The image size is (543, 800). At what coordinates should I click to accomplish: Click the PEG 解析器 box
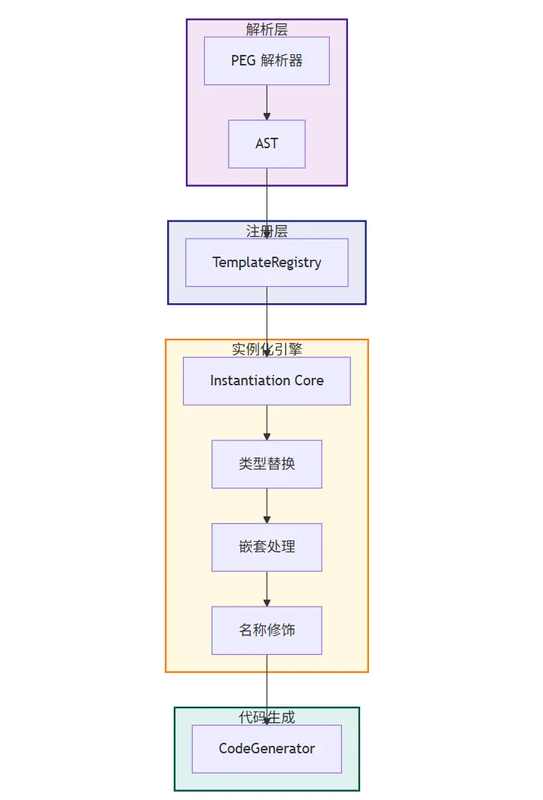[267, 60]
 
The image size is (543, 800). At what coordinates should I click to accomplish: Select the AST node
[267, 143]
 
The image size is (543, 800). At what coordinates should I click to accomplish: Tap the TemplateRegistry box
[267, 263]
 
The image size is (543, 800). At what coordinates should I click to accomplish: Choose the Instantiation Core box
[267, 381]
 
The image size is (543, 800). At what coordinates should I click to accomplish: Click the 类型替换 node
[267, 464]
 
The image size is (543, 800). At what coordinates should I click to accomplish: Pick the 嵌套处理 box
[267, 547]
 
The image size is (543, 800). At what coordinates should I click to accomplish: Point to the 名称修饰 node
[267, 630]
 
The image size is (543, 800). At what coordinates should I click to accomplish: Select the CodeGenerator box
[267, 748]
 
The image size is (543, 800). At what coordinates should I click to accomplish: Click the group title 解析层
[267, 29]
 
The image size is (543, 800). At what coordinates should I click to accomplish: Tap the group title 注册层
[267, 231]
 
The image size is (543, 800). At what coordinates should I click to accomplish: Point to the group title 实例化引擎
[267, 349]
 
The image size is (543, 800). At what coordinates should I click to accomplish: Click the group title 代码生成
[267, 717]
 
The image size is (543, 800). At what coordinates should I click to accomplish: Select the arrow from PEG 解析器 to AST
[267, 102]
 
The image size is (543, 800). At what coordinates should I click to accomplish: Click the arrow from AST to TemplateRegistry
[267, 199]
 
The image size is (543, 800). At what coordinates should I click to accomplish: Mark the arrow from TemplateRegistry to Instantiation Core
[267, 320]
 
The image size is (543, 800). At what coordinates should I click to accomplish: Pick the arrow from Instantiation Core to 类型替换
[267, 422]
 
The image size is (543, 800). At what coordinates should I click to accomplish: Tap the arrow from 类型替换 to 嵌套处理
[267, 506]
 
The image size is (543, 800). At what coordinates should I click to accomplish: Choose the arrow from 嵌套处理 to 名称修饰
[267, 589]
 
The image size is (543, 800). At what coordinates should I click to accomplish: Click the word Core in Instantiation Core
[309, 381]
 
